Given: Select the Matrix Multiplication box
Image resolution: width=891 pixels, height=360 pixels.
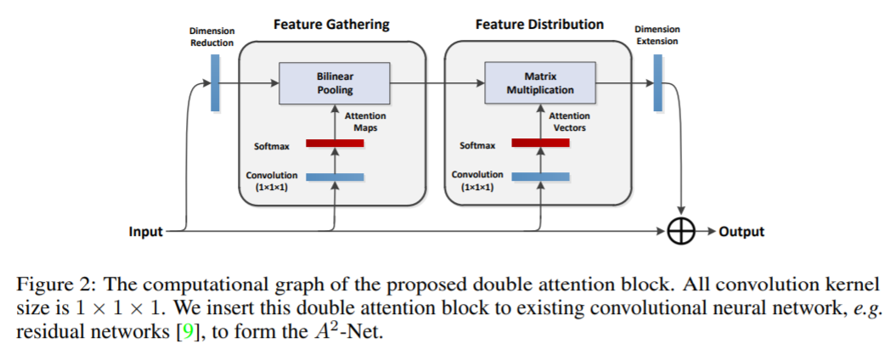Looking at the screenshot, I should click(x=540, y=82).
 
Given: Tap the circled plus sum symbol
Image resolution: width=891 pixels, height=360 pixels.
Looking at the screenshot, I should click(x=682, y=231).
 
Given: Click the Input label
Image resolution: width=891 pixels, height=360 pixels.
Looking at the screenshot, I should click(x=145, y=231).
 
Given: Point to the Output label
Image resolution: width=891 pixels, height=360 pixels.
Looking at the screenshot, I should click(x=742, y=231).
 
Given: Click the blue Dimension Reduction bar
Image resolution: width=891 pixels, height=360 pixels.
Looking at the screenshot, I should click(x=215, y=82).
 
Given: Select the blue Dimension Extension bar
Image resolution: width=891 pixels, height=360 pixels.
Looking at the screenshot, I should click(x=657, y=82).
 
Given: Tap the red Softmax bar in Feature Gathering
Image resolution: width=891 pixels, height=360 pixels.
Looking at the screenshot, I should click(x=335, y=143).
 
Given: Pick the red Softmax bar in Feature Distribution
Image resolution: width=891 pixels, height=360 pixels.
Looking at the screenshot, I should click(x=540, y=143).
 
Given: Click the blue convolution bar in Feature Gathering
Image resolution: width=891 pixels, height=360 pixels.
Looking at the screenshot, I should click(x=335, y=177).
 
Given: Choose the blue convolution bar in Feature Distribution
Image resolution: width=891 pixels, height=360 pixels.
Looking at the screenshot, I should click(x=540, y=177).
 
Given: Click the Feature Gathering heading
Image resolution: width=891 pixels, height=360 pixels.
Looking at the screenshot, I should click(x=331, y=25).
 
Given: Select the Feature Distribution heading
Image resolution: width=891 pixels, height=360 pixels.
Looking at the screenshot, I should click(x=539, y=25).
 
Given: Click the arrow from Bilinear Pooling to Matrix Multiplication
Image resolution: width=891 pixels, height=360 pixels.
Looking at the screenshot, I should click(x=433, y=82).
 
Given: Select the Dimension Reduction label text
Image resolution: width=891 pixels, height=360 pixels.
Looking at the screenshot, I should click(x=211, y=37).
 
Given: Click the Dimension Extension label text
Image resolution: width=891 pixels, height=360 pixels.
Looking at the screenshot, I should click(x=657, y=35).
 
